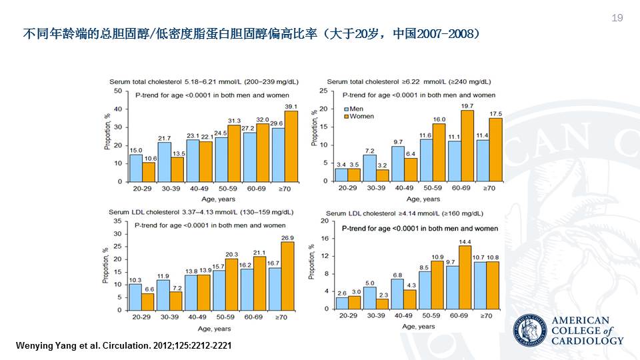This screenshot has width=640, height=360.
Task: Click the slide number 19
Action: coord(617,18)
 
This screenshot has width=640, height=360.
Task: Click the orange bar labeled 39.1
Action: coord(291,146)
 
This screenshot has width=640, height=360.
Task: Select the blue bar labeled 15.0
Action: coord(136,167)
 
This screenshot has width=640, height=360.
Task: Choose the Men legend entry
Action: coord(354,108)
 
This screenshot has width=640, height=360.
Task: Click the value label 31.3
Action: coord(234,121)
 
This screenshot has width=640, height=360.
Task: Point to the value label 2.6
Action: coord(342,293)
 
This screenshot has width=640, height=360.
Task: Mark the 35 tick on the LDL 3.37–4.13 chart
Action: coord(117,221)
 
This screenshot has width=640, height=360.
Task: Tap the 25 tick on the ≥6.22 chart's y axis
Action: coord(323,91)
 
